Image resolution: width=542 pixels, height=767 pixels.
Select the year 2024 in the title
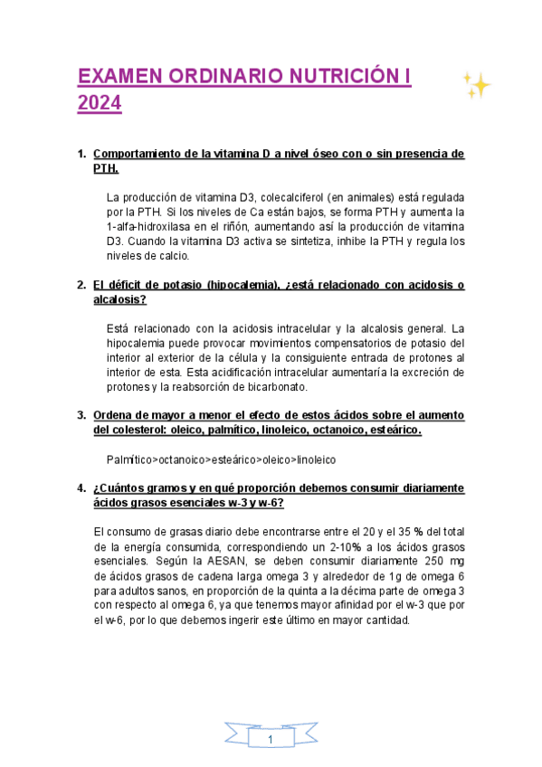[x=99, y=105]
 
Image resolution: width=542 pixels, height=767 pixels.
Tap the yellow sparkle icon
[x=477, y=86]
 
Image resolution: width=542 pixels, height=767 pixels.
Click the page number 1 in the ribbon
[x=271, y=741]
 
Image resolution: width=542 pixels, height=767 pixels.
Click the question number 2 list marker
[x=81, y=285]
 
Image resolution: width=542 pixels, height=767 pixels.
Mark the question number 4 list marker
[x=81, y=488]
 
